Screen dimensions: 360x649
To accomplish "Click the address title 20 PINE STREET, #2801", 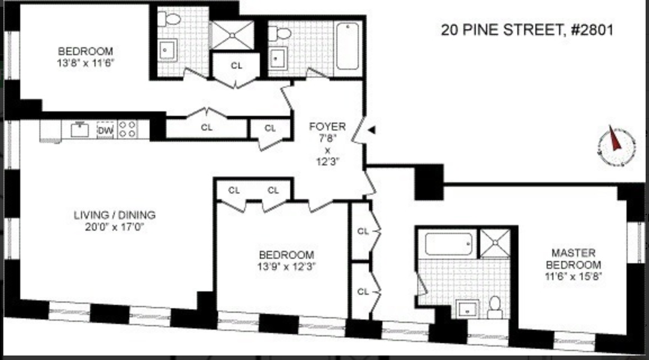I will click(526, 30).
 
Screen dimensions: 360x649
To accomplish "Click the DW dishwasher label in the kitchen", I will click(106, 130).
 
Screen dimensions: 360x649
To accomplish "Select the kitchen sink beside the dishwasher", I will click(80, 130).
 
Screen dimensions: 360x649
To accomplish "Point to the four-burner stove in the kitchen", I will click(127, 130).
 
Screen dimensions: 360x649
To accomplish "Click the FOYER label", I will click(327, 127).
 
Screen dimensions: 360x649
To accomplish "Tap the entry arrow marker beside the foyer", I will click(371, 130).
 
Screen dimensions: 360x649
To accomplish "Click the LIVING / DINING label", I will click(115, 215).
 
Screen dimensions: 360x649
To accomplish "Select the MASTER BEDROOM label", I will click(574, 259).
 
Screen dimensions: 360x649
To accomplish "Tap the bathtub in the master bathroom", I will click(448, 244).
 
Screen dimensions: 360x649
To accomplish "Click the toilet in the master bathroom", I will click(495, 307).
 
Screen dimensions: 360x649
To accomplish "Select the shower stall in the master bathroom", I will click(494, 243).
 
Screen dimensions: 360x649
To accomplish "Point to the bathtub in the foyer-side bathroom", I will click(348, 46).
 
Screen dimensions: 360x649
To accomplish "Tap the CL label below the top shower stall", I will click(237, 65).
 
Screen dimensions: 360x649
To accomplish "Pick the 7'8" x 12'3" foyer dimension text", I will click(327, 150).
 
